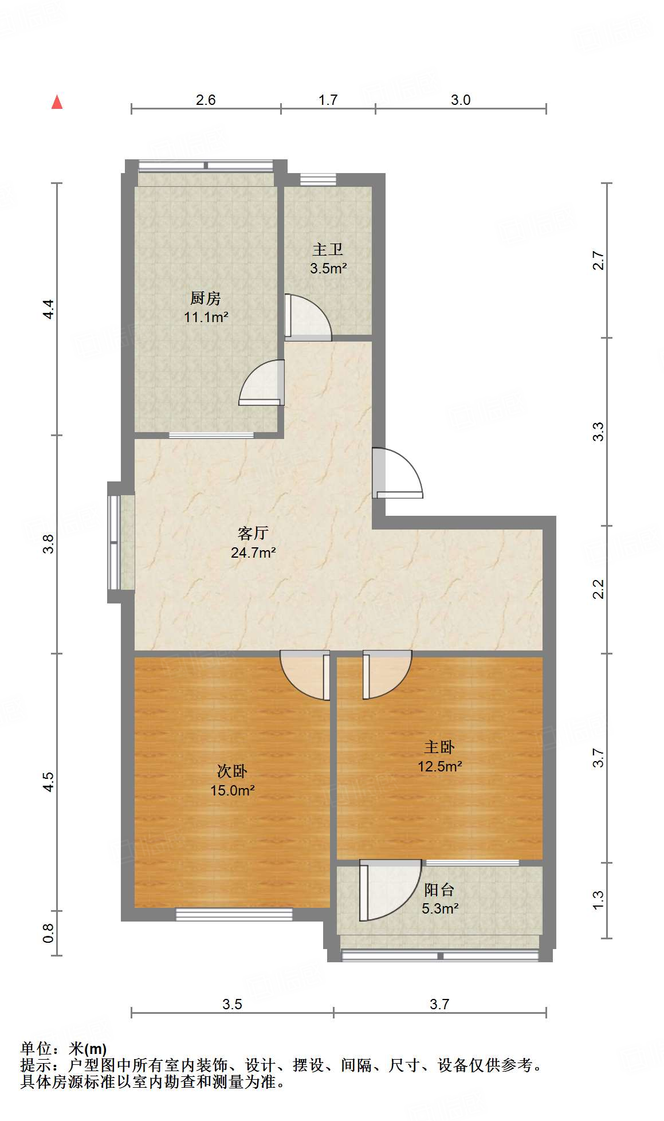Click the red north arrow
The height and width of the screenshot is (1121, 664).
point(57,102)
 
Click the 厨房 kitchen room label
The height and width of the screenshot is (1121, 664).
point(205,298)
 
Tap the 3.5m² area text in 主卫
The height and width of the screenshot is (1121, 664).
point(328,268)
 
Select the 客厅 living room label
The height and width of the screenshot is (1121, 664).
point(253,533)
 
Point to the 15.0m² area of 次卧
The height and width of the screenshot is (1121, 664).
point(232,790)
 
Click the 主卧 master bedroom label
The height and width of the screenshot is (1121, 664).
point(439,747)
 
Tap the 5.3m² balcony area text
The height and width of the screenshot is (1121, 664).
point(439,908)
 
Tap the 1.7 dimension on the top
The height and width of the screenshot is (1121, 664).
point(328,100)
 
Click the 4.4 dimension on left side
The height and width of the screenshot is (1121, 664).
point(49,309)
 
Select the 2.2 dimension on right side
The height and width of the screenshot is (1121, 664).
point(598,589)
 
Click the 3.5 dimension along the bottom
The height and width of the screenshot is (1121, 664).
point(232,1004)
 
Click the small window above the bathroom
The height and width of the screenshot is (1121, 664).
point(318,179)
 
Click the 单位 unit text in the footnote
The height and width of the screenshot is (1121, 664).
point(37,1048)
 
